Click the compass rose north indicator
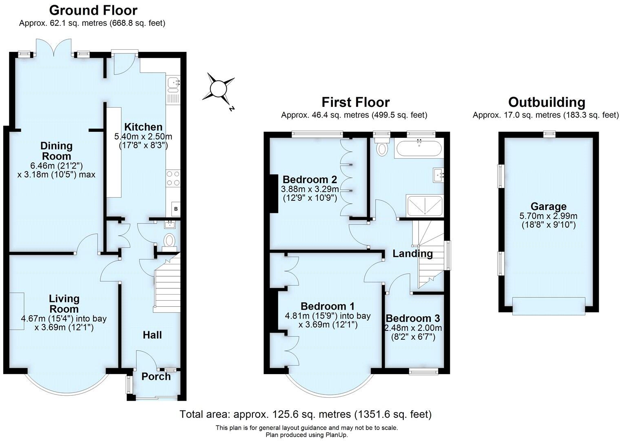pos(218,89)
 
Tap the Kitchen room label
pos(143,127)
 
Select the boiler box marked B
pos(176,209)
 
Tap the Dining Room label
pos(56,151)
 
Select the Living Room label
pos(64,304)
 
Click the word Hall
pos(152,335)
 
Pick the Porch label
pos(156,376)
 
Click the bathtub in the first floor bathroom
pos(418,148)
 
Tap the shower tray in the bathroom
pos(424,205)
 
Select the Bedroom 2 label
pos(310,180)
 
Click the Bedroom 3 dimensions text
pos(413,332)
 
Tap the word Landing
pos(412,253)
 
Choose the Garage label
pos(548,206)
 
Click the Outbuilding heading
pos(546,102)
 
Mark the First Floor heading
pos(355,102)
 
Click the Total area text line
pos(306,414)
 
